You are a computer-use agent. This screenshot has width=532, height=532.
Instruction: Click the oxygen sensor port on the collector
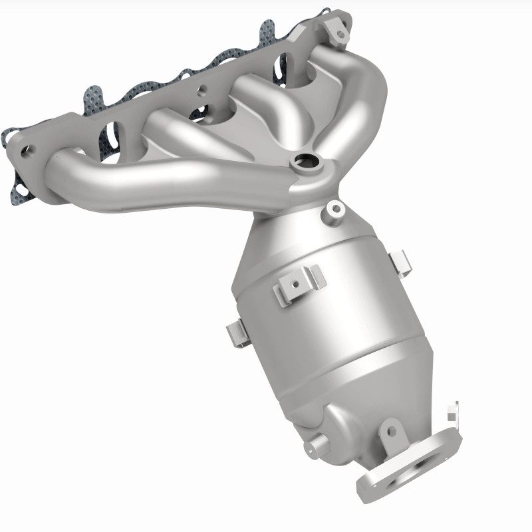coord(307,162)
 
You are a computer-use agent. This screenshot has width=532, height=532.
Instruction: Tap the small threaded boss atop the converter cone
coord(334,209)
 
